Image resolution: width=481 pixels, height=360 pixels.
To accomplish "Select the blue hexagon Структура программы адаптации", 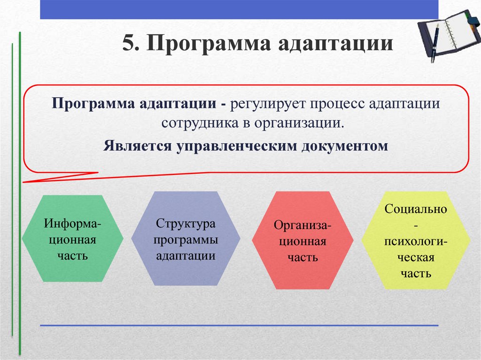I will [x=186, y=238].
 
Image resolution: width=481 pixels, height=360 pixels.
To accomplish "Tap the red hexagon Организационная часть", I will [x=303, y=240].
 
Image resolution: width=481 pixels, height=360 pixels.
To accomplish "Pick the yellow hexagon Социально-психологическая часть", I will [x=415, y=240].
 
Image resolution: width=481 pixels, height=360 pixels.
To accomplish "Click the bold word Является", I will [x=138, y=146].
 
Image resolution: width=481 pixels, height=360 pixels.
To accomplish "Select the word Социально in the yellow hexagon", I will [x=416, y=209].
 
